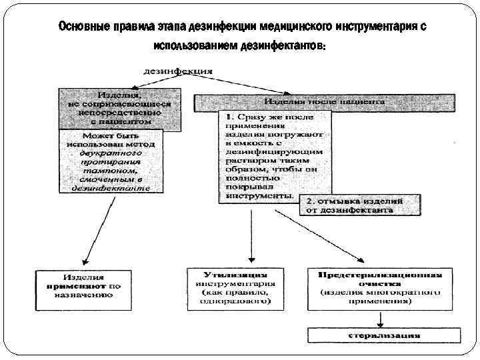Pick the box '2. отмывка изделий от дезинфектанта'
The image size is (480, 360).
point(359,205)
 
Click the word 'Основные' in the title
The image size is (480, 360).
point(81,27)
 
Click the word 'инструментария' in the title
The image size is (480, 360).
point(363,27)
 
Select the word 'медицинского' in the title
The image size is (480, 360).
point(278,27)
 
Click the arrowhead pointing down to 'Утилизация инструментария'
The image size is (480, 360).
point(250,260)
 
